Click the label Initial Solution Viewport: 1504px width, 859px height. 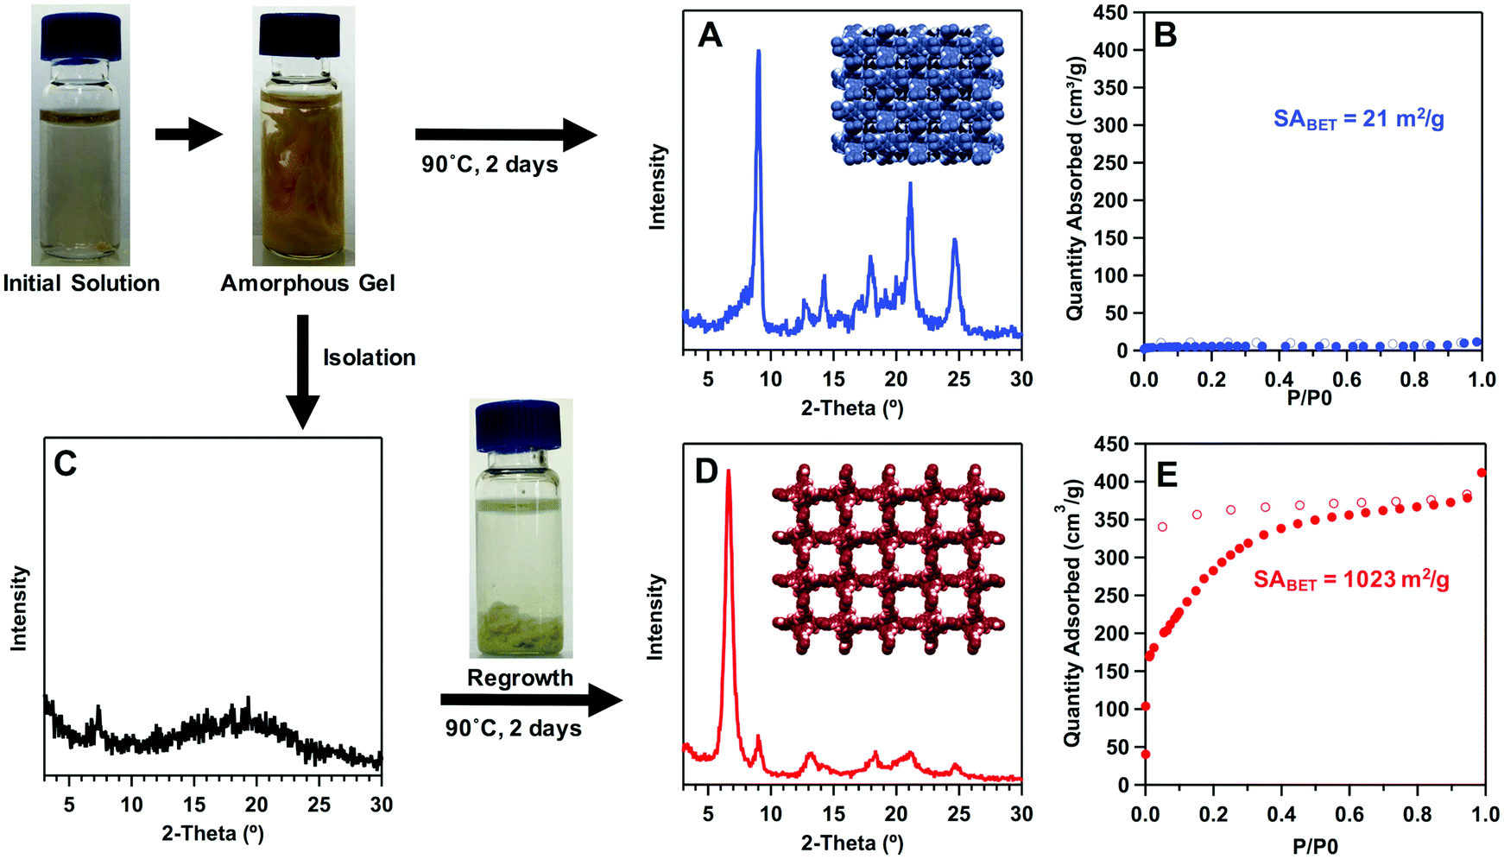[x=81, y=283]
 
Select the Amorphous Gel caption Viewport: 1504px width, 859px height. [x=307, y=283]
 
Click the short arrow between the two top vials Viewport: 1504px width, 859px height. [x=188, y=134]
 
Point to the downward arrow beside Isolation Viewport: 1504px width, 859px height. [x=302, y=371]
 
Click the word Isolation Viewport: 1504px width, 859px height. [x=369, y=357]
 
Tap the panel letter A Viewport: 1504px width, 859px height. [x=710, y=35]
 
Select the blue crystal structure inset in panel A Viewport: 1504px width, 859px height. [x=916, y=96]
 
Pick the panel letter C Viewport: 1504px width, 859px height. [x=65, y=464]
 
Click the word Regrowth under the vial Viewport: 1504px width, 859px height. [x=520, y=678]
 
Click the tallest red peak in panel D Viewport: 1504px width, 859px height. [x=729, y=473]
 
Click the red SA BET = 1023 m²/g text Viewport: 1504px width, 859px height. [x=1351, y=580]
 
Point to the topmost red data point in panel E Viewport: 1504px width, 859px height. [x=1482, y=472]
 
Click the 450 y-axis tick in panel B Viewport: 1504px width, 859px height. [x=1110, y=13]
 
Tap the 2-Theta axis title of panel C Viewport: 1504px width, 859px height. [x=212, y=833]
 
